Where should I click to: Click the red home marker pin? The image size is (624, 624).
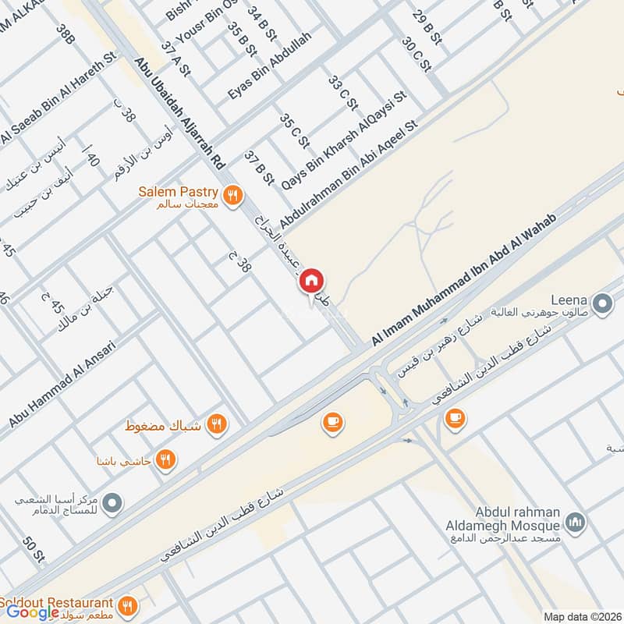point(312,280)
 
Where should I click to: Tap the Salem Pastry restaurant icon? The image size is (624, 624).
point(231,197)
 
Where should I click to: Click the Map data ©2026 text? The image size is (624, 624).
point(581,616)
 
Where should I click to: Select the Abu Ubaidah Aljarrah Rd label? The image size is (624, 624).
point(179,112)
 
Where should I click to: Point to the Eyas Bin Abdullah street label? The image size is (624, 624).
point(270,66)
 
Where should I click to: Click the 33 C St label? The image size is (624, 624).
point(342,94)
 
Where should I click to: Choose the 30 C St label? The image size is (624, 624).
point(417,55)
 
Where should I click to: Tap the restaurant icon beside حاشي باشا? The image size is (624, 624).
point(164,459)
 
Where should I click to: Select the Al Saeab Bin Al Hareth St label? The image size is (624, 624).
point(58,97)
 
